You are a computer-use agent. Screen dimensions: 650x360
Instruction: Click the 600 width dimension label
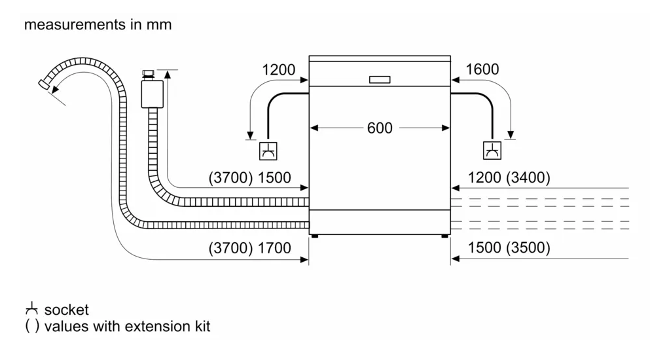point(379,128)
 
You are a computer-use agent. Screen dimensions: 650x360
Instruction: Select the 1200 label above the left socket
point(279,69)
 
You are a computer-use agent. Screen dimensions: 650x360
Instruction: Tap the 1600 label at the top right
point(482,69)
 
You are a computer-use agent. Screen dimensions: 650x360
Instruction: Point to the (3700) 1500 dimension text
point(249,177)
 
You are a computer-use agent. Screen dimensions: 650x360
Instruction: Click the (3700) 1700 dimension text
point(249,248)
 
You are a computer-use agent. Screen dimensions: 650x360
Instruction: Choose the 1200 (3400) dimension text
point(509,177)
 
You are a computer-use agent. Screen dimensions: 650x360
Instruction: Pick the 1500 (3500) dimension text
point(509,247)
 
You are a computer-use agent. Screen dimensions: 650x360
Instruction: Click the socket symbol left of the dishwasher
point(268,151)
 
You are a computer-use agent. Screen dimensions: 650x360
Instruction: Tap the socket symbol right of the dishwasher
point(492,151)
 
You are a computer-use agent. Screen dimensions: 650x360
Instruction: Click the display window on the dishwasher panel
point(380,80)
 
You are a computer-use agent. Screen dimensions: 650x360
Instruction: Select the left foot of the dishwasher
point(314,236)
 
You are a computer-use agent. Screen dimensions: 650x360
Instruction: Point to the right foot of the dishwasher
point(445,236)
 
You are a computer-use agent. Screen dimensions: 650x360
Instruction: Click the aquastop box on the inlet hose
point(152,94)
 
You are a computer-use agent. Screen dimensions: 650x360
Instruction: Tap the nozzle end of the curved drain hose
point(44,84)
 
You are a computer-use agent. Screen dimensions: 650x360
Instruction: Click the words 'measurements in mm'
point(98,24)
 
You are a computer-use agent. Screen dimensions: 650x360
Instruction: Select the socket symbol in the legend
point(31,309)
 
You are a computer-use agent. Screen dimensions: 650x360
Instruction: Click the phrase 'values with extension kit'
point(127,327)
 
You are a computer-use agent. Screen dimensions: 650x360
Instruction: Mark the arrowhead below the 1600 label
point(511,135)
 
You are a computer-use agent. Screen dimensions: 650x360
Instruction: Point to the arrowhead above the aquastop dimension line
point(168,74)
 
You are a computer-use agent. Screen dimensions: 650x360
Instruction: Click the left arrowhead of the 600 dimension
point(314,128)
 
